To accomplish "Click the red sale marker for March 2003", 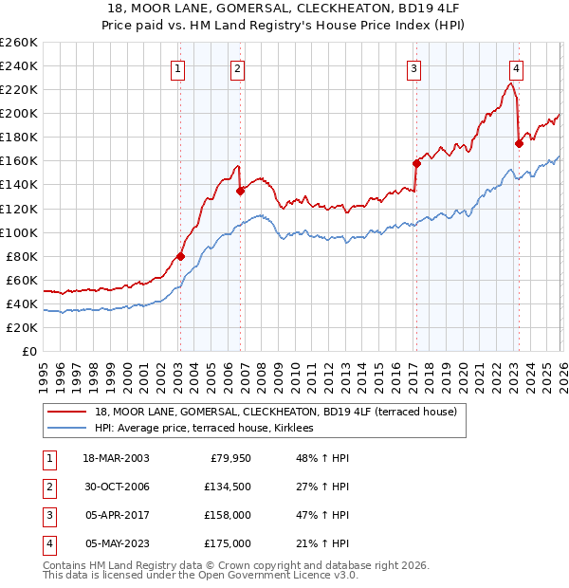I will (180, 256).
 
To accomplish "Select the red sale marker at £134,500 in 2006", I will (240, 191).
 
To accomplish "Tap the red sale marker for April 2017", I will (415, 163).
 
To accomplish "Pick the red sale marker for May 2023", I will (518, 143).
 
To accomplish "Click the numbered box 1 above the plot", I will (178, 67).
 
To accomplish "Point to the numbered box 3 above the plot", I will (414, 67).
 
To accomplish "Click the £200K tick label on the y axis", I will (19, 113).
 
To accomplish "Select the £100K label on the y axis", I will (19, 232).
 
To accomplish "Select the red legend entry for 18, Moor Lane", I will (275, 412).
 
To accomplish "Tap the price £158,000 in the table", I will (228, 517).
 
